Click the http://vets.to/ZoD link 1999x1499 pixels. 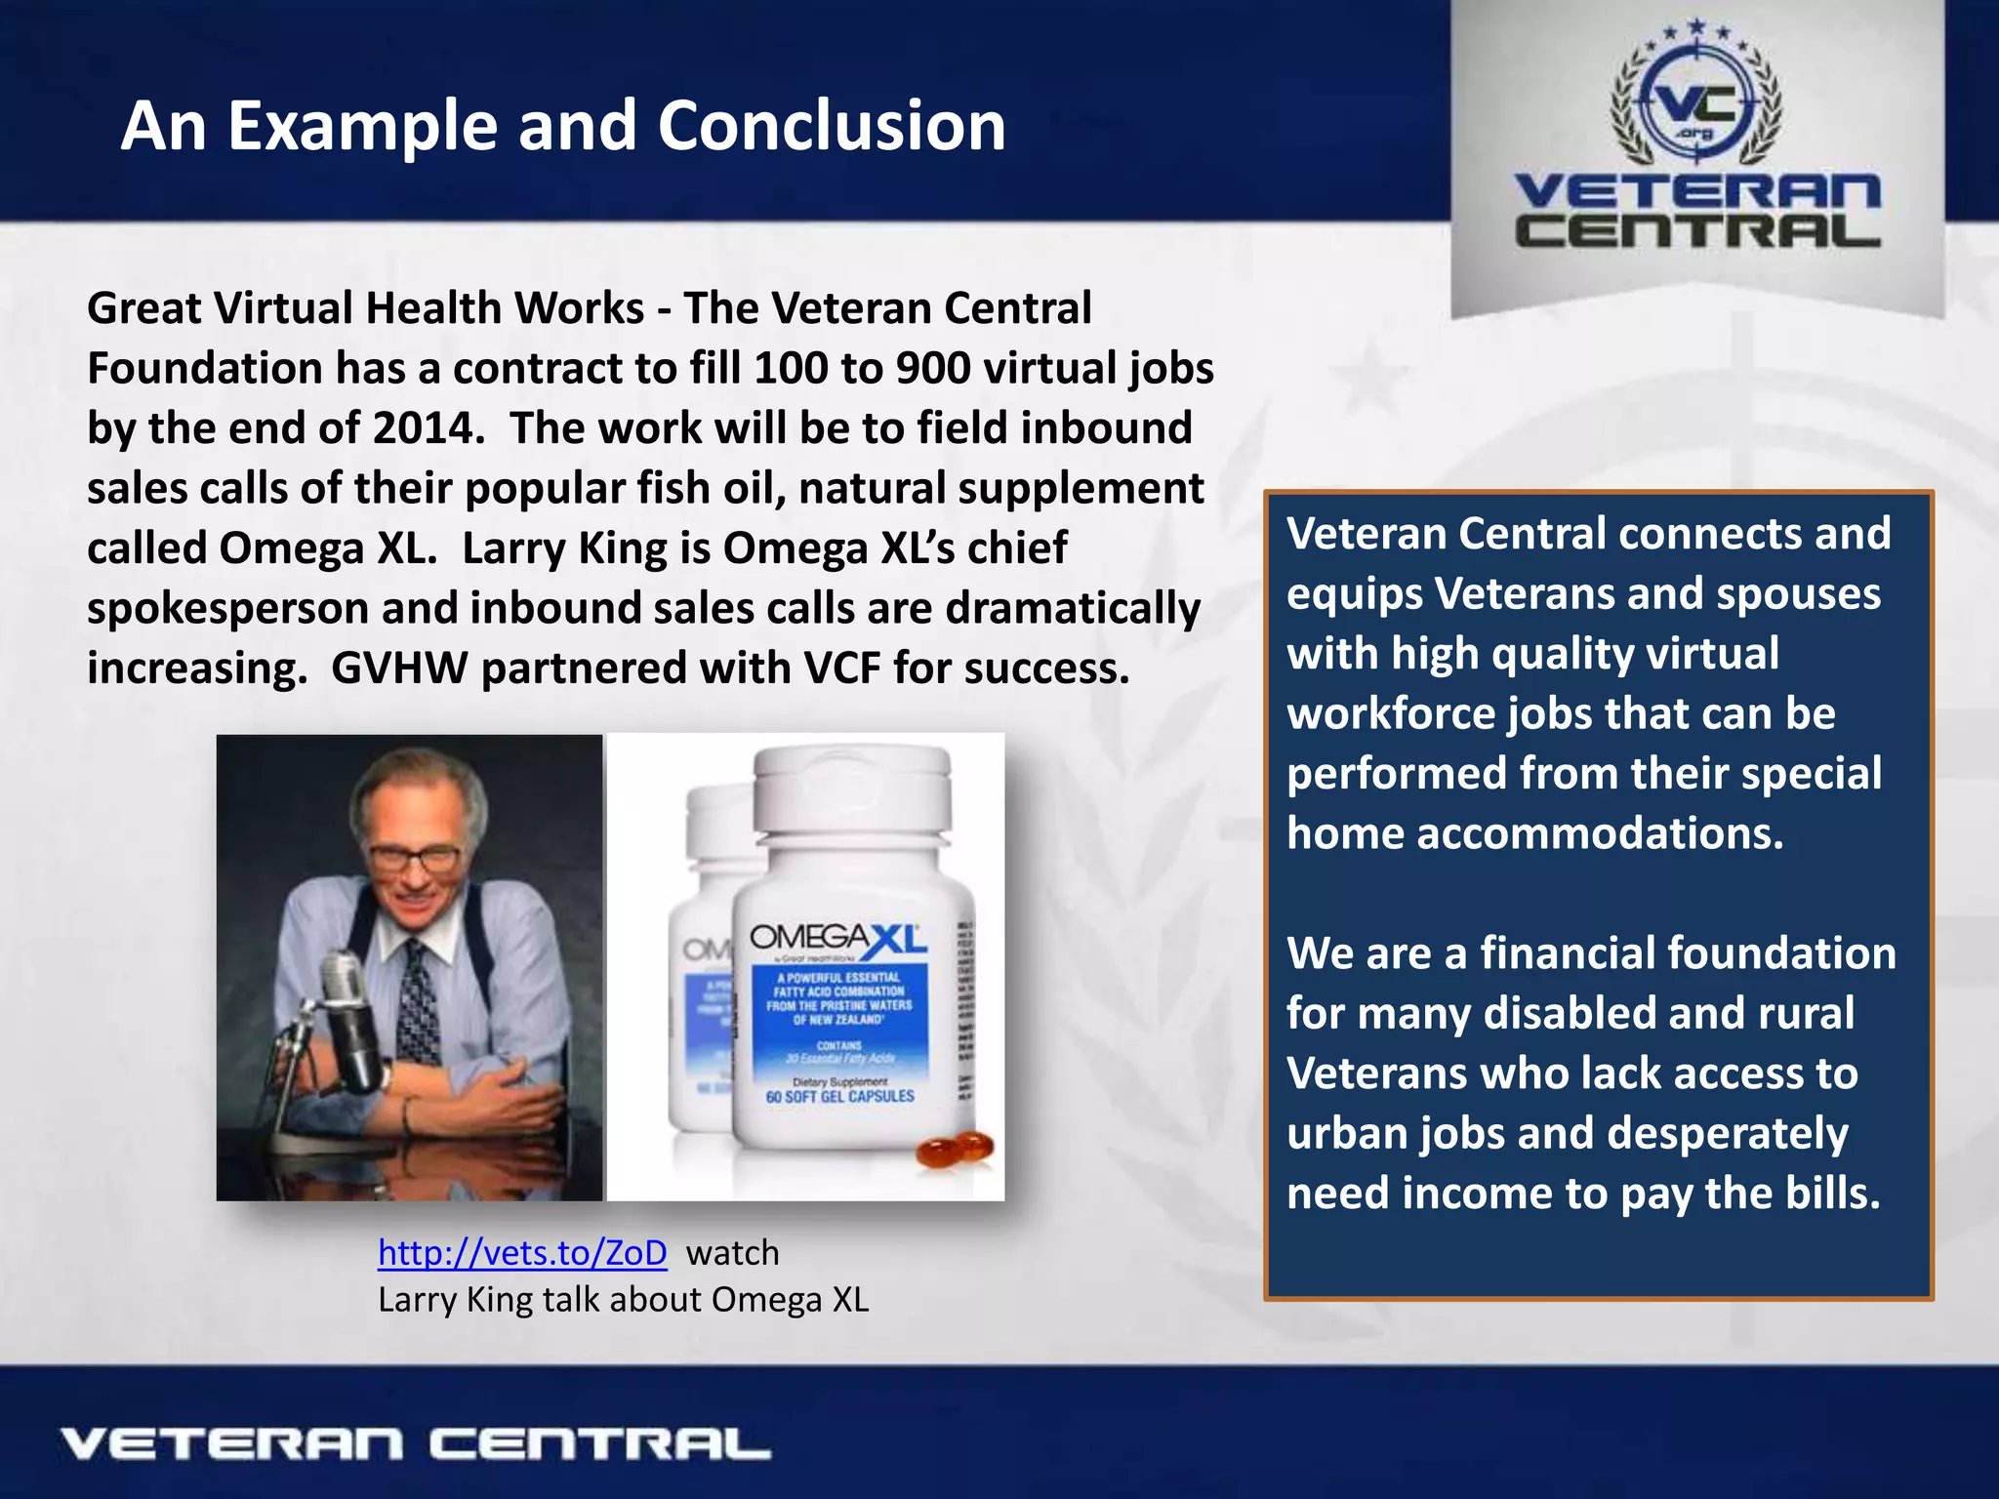522,1252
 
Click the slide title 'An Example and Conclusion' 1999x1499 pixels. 563,126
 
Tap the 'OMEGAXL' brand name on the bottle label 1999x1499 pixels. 837,939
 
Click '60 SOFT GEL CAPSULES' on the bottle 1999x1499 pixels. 839,1097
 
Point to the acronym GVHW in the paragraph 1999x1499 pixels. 398,668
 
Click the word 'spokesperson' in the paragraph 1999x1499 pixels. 227,609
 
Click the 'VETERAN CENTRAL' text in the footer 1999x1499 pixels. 415,1444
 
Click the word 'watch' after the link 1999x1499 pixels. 732,1252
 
